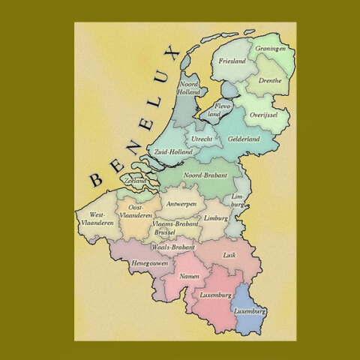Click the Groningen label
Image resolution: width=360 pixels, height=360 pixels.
[271, 49]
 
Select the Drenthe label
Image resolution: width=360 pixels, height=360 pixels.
[268, 79]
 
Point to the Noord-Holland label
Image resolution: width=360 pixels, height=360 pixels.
[188, 88]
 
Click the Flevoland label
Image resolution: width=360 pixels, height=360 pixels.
[213, 110]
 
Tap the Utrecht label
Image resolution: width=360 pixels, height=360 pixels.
[202, 139]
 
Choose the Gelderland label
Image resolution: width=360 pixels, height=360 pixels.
[244, 139]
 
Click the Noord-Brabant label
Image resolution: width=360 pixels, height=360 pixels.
[205, 175]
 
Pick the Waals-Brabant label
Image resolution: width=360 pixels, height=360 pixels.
[173, 246]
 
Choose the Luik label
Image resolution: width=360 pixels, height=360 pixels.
[229, 255]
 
